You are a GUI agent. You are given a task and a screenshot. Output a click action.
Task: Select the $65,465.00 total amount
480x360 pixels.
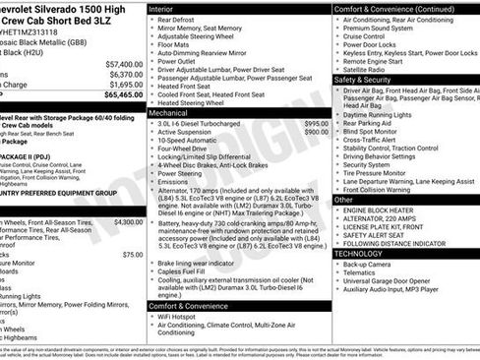click(122, 96)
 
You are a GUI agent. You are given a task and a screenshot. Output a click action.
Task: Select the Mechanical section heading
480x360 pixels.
click(169, 113)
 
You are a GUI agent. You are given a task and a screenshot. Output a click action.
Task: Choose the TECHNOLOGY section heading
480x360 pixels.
click(360, 253)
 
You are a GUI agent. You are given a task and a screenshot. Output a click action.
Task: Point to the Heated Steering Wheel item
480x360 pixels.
click(195, 102)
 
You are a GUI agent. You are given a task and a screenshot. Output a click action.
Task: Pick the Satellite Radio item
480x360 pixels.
click(368, 69)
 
